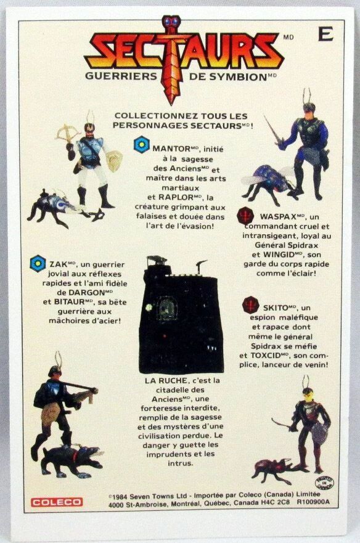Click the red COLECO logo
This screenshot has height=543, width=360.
point(57,502)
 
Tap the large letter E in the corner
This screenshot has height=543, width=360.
point(325,34)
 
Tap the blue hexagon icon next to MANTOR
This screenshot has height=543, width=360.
point(142,144)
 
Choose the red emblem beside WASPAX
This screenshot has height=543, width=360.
point(247,214)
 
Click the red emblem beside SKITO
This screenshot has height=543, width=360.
point(252,304)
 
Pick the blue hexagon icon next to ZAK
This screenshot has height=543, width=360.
point(38,264)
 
